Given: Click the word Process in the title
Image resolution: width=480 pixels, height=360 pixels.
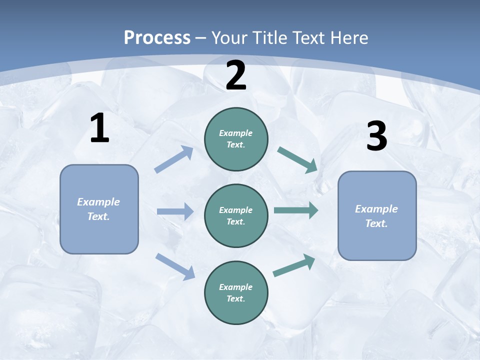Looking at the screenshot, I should (157, 37).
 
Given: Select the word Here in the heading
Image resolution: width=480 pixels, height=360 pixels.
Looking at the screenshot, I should (349, 37).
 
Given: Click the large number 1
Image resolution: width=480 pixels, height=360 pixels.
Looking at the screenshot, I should (99, 128).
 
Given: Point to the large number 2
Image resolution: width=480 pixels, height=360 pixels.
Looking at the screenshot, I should (236, 75).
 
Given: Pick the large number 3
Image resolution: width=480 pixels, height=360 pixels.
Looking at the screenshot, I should (376, 136).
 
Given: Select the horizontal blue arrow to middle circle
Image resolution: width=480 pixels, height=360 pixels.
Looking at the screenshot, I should (175, 211).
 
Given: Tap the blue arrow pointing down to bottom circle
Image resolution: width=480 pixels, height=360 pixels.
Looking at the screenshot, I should (175, 266).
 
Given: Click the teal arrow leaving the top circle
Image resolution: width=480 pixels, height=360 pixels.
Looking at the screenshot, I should (297, 159).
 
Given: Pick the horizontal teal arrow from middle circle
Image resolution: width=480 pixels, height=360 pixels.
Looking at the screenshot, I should (296, 210).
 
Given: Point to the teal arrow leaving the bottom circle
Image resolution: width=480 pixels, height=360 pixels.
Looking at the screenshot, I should (294, 265).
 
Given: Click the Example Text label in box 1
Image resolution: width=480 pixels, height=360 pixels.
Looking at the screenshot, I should (98, 209).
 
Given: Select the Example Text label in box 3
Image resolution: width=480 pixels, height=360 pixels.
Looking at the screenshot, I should (376, 216).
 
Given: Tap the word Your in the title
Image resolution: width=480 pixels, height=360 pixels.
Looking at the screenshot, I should (228, 37).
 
